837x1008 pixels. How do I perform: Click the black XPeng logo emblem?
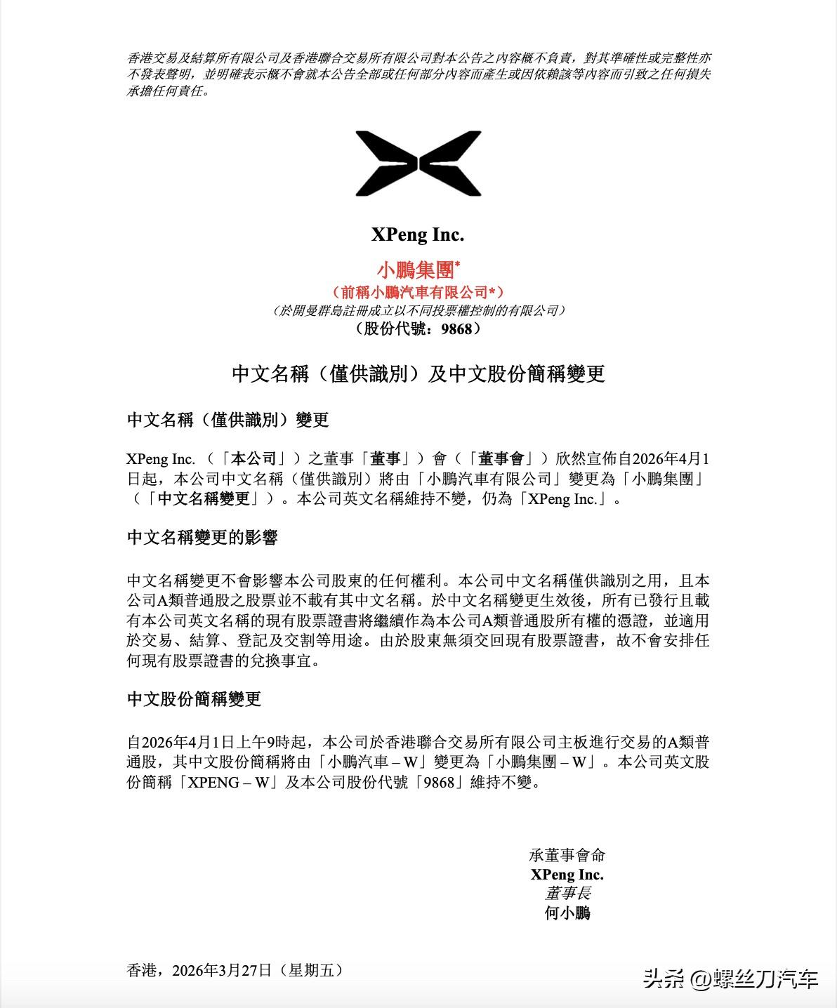(419, 163)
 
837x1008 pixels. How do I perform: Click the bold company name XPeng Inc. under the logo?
(418, 234)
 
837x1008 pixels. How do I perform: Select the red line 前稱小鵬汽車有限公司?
(418, 292)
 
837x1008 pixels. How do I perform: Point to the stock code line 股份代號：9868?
(418, 329)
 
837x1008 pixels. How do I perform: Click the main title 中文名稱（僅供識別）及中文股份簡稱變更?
(418, 373)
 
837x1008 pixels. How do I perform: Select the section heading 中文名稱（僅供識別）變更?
(228, 420)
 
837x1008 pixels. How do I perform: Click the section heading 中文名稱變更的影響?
(202, 538)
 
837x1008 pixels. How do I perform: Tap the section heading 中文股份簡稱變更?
(194, 699)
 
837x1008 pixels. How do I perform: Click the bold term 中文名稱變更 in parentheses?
(204, 499)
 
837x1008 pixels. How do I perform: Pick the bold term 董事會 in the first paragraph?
(501, 459)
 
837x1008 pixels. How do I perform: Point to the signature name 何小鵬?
(567, 913)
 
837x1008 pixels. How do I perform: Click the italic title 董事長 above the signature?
(567, 893)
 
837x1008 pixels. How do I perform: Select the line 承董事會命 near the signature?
(567, 855)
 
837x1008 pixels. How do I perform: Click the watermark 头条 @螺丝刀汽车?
(730, 979)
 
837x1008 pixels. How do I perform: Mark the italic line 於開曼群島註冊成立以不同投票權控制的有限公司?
(418, 310)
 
